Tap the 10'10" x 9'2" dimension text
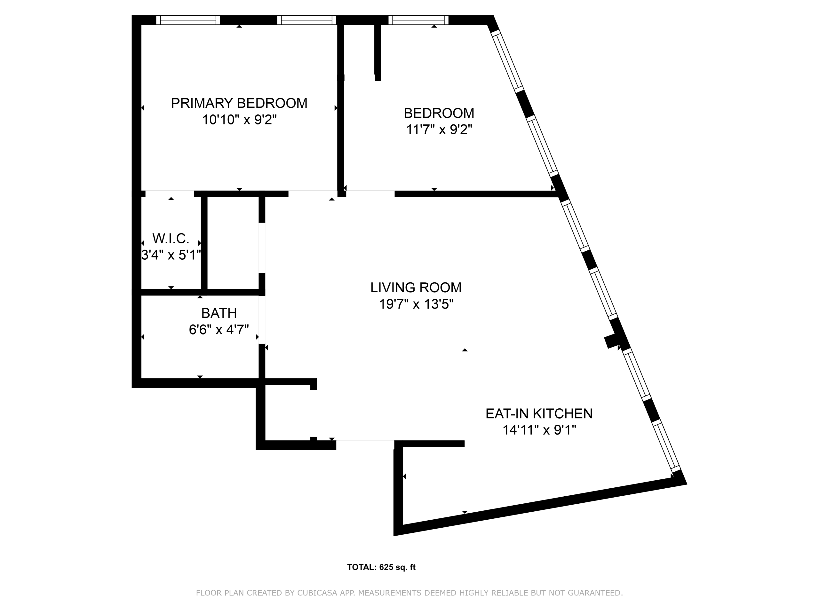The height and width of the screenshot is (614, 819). pos(239,120)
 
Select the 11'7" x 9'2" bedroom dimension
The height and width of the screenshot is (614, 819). pos(439,130)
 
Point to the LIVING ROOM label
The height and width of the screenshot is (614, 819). pos(416,287)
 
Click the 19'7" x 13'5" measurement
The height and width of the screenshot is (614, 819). pos(416,304)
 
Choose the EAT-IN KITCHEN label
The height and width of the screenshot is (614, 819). pos(539,413)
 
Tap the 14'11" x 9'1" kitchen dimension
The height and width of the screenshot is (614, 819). pos(539,430)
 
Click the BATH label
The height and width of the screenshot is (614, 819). pos(219,313)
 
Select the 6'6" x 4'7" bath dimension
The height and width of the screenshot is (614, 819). pos(219,329)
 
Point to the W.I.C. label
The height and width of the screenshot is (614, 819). pos(171,239)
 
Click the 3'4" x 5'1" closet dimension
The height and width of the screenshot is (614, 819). pos(171,255)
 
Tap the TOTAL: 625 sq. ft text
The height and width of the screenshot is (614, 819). pos(381,567)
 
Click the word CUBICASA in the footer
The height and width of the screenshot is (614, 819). pos(317,593)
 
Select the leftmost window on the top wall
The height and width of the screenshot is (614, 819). pos(188,20)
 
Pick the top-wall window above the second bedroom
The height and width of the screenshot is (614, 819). pos(418,20)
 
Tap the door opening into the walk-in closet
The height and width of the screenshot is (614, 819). pos(170,194)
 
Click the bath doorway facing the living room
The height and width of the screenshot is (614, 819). pos(262,320)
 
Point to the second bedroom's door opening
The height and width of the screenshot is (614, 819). pos(370,194)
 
